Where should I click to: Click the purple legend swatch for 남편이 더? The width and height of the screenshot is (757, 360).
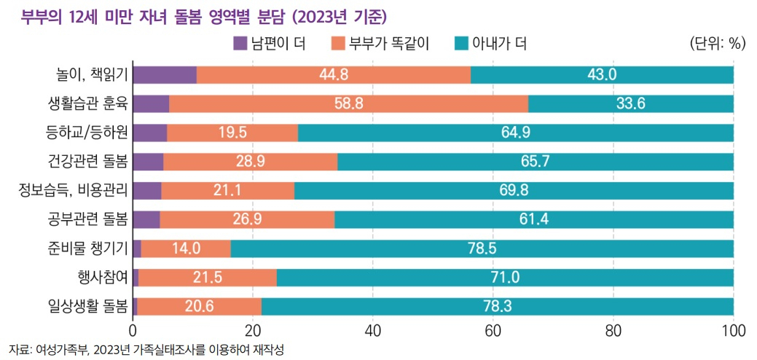pyautogui.click(x=239, y=44)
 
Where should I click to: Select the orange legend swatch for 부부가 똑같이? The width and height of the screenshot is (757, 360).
pyautogui.click(x=337, y=44)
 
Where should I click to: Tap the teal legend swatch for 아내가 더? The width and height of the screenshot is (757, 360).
pyautogui.click(x=461, y=44)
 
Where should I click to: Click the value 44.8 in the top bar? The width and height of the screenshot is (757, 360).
pyautogui.click(x=334, y=75)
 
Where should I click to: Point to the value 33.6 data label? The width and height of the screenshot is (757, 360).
pyautogui.click(x=630, y=103)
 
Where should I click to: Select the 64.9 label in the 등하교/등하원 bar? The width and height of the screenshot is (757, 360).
pyautogui.click(x=516, y=133)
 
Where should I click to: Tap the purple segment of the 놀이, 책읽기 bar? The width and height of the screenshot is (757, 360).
pyautogui.click(x=165, y=75)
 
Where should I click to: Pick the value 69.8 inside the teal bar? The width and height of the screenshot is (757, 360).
pyautogui.click(x=514, y=191)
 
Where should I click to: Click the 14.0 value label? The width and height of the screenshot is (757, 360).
pyautogui.click(x=186, y=249)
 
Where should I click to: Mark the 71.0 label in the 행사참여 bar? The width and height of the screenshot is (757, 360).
pyautogui.click(x=505, y=277)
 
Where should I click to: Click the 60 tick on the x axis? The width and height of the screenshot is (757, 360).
pyautogui.click(x=493, y=331)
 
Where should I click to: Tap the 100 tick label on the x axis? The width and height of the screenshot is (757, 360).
pyautogui.click(x=734, y=331)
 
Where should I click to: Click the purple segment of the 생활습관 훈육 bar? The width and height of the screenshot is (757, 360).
pyautogui.click(x=151, y=103)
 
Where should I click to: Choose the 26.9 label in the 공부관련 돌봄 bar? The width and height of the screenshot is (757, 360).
pyautogui.click(x=247, y=219)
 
